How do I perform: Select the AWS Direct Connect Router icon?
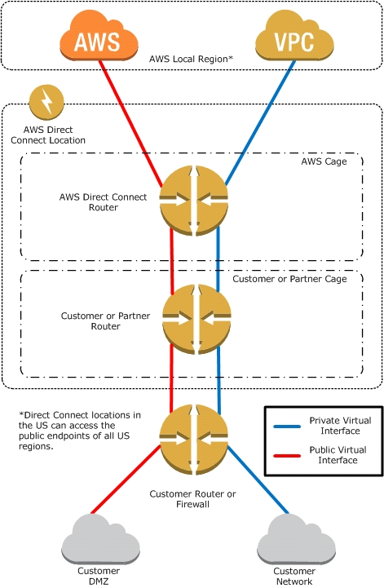click(x=193, y=201)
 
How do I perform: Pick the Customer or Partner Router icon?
click(x=196, y=320)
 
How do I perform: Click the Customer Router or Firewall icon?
click(x=193, y=440)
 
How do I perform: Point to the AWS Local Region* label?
click(x=192, y=59)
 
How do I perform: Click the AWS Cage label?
click(x=324, y=161)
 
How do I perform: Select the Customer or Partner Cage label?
click(x=289, y=279)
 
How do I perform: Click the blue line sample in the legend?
click(x=287, y=427)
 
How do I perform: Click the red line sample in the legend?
click(x=287, y=456)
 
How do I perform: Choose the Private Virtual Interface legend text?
click(x=340, y=426)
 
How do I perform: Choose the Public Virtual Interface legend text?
click(x=338, y=455)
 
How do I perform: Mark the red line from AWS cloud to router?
click(x=131, y=123)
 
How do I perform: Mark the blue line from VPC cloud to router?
click(x=259, y=122)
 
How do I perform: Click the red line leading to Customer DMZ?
click(x=126, y=479)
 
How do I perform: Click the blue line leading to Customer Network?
click(x=258, y=480)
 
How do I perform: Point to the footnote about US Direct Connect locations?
click(x=80, y=431)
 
